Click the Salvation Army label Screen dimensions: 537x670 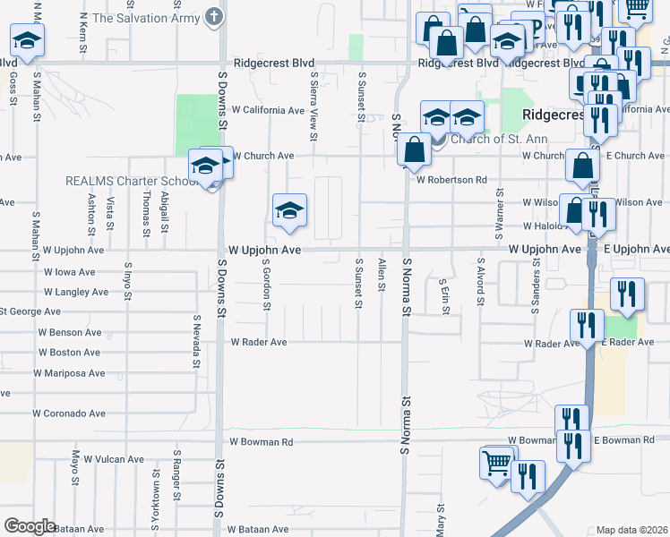coord(145,17)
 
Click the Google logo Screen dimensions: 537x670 coord(30,526)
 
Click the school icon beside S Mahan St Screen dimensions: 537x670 coord(27,40)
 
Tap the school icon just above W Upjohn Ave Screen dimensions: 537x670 coord(289,211)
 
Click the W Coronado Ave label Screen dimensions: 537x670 coord(69,414)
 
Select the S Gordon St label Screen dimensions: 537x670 coord(266,286)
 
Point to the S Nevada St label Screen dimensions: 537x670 coord(196,341)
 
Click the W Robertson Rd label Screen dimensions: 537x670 coord(451,180)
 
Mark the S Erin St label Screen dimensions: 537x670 coord(443,296)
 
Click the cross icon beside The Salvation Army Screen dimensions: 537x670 coord(213,16)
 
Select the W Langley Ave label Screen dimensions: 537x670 coord(76,293)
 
